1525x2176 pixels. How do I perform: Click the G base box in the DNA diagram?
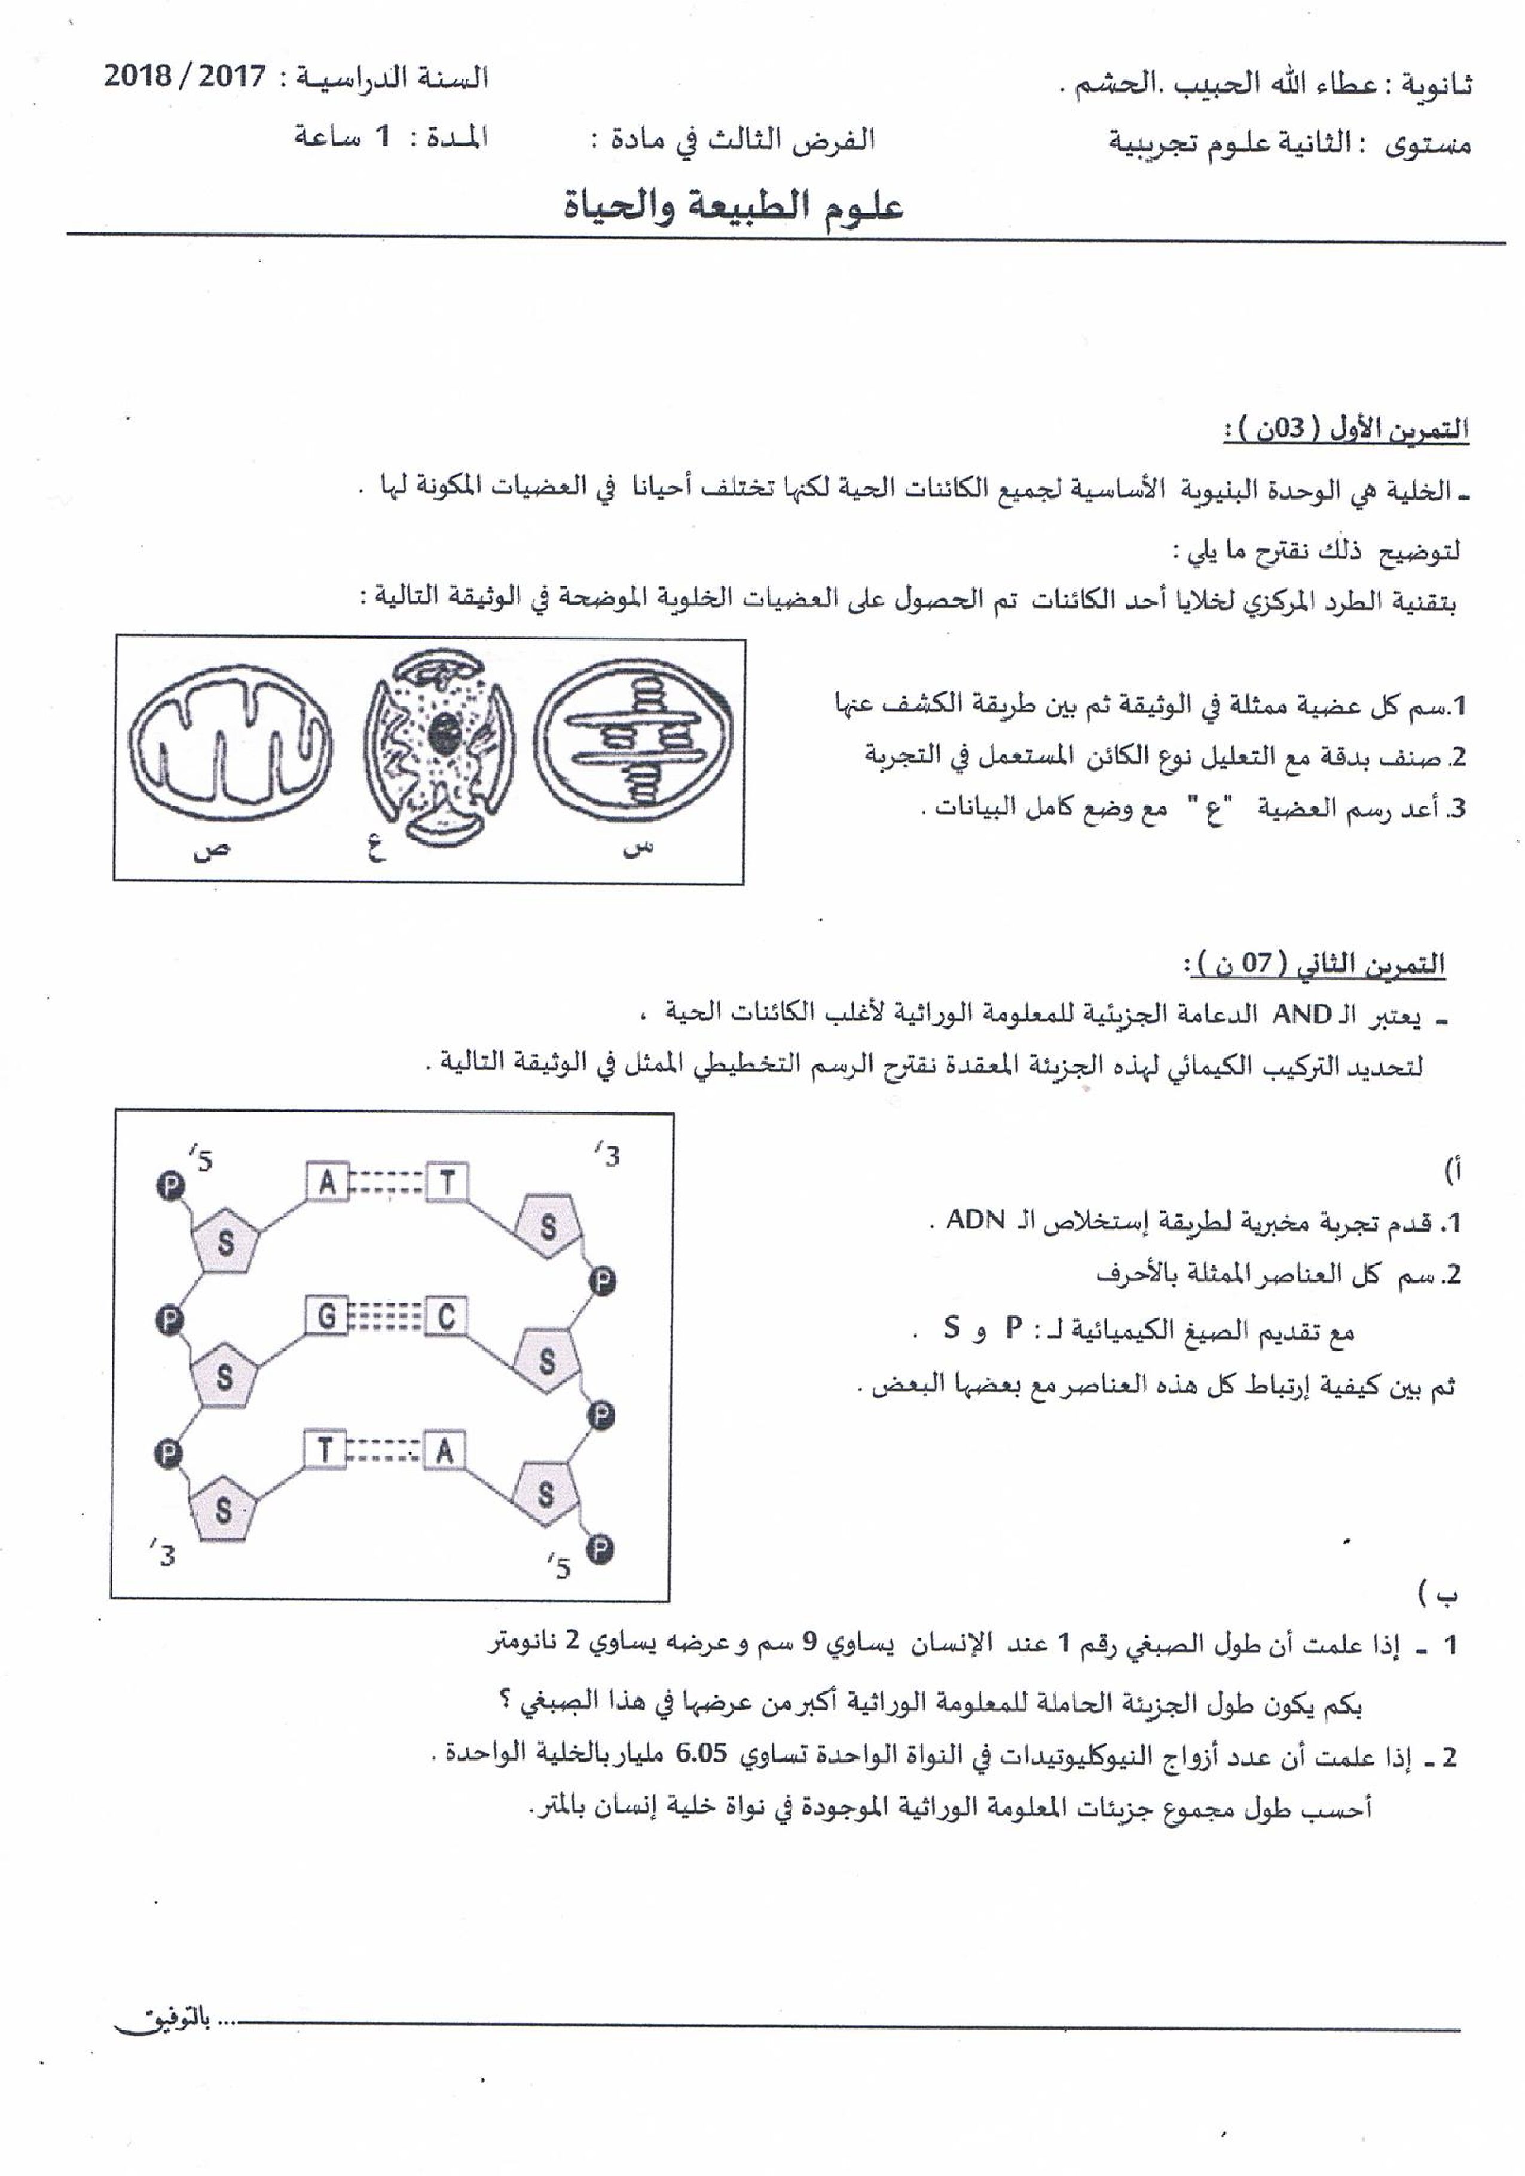326,1317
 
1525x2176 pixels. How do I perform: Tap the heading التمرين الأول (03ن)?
1346,429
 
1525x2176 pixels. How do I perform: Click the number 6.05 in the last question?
701,1753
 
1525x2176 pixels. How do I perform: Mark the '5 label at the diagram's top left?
200,1158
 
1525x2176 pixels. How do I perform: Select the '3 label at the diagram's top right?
607,1155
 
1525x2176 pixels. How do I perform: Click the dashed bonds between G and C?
386,1317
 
